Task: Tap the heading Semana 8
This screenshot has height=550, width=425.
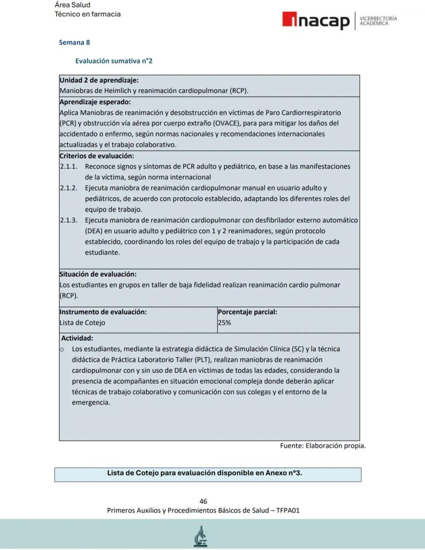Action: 74,43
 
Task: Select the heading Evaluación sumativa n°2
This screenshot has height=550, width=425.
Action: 113,61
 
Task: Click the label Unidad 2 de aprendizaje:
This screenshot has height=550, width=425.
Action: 99,80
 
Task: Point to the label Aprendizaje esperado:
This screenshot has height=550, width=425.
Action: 95,102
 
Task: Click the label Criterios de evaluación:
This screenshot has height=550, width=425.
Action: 96,156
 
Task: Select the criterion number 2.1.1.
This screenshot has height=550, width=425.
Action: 68,166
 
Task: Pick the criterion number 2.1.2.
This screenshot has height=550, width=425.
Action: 68,188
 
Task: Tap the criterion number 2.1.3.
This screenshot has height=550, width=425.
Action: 68,220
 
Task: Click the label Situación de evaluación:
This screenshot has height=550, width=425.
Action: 98,274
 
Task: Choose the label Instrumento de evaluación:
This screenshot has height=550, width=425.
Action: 103,312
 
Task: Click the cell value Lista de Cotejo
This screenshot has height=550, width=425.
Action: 83,323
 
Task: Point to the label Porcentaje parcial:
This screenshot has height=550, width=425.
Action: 247,312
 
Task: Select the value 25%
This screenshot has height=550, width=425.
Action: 224,323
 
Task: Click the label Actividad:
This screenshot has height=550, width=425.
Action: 77,338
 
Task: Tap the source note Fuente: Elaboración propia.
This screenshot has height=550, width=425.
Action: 323,446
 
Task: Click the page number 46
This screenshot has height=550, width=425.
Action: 203,501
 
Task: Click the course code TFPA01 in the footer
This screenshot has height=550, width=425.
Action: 288,510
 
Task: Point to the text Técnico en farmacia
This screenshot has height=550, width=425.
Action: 88,14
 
